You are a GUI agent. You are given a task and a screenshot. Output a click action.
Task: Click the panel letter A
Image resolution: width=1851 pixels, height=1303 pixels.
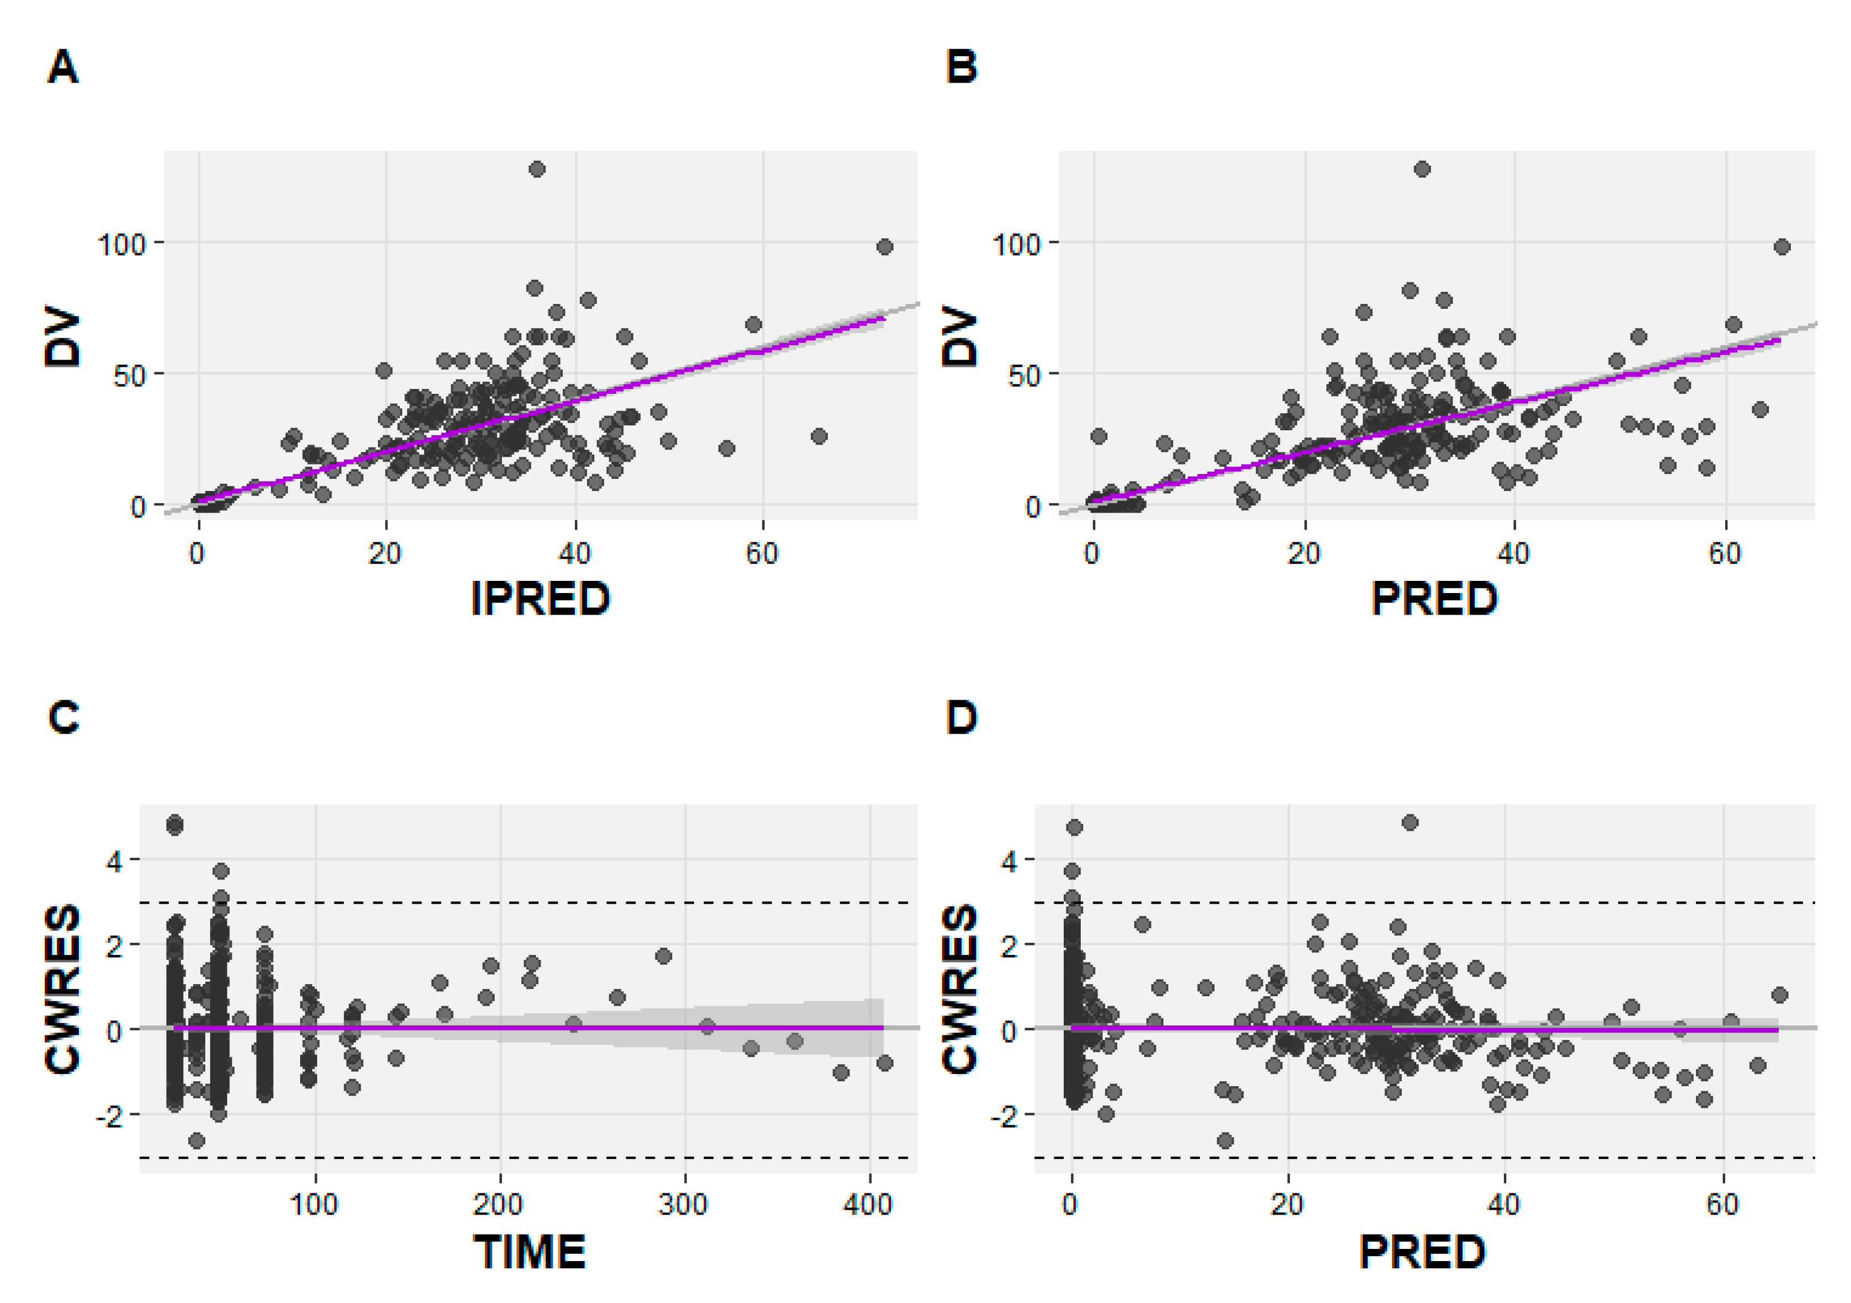pyautogui.click(x=63, y=67)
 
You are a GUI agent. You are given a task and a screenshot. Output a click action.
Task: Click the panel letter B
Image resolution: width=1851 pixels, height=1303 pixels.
pyautogui.click(x=961, y=67)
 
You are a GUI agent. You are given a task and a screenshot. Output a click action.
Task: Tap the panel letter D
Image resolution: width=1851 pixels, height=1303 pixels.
pyautogui.click(x=961, y=717)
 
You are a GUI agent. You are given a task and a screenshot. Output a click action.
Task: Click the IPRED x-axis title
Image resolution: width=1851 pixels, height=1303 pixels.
pyautogui.click(x=540, y=599)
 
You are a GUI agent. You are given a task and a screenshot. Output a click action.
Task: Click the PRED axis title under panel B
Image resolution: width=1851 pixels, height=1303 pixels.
pyautogui.click(x=1434, y=599)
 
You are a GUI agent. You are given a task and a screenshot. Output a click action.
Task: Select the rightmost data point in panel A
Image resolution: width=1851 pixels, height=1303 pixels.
pyautogui.click(x=884, y=247)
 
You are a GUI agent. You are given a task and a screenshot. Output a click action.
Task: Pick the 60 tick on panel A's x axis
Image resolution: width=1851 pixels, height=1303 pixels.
pyautogui.click(x=762, y=554)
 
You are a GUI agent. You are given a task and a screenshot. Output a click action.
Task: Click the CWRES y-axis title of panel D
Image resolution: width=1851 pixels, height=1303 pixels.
pyautogui.click(x=959, y=989)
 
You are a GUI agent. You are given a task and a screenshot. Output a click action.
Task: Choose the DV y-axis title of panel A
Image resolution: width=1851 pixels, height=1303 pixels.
pyautogui.click(x=63, y=337)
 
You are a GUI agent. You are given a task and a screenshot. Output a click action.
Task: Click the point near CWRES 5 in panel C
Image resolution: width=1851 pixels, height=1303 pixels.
pyautogui.click(x=174, y=825)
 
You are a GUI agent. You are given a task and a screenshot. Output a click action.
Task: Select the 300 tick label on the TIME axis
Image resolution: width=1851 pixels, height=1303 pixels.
pyautogui.click(x=683, y=1205)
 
